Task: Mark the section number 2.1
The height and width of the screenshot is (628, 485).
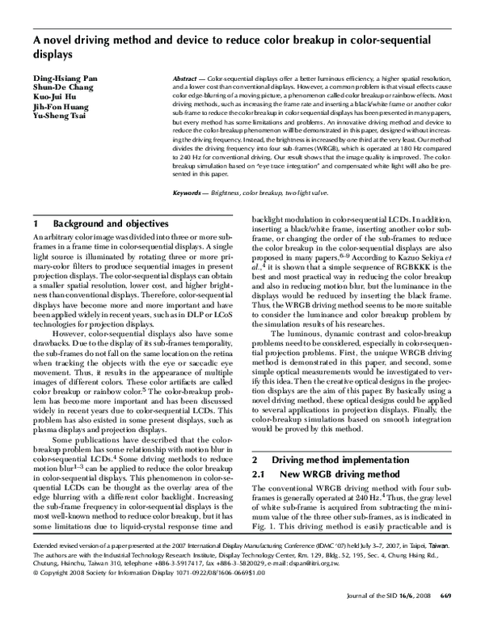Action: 261,474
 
